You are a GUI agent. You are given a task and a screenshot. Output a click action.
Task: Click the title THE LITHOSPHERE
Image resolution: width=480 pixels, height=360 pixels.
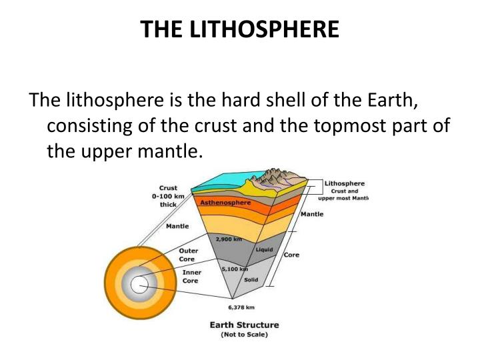pyautogui.click(x=240, y=29)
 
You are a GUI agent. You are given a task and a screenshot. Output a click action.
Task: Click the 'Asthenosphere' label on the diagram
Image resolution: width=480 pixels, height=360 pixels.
pyautogui.click(x=225, y=202)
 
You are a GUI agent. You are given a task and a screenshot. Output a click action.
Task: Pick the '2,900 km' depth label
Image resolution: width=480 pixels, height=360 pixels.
pyautogui.click(x=227, y=237)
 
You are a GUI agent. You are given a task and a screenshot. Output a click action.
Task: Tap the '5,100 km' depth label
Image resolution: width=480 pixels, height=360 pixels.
pyautogui.click(x=234, y=269)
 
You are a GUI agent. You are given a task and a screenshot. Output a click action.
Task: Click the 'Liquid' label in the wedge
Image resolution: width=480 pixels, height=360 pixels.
pyautogui.click(x=264, y=249)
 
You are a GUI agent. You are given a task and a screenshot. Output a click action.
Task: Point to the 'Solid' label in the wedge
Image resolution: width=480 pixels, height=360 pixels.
pyautogui.click(x=251, y=279)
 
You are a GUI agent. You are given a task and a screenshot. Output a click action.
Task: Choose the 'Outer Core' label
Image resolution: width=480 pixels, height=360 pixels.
pyautogui.click(x=189, y=255)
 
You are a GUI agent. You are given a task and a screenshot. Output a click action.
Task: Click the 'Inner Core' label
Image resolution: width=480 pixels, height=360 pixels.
pyautogui.click(x=191, y=277)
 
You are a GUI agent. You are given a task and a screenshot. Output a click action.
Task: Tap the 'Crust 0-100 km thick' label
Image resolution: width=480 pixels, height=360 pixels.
pyautogui.click(x=168, y=196)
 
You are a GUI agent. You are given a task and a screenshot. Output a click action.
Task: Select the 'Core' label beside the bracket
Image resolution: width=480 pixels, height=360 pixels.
pyautogui.click(x=291, y=255)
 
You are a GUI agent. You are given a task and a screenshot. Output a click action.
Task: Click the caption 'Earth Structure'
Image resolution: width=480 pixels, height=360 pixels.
pyautogui.click(x=244, y=325)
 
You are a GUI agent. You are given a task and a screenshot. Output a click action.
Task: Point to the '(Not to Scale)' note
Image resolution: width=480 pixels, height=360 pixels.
pyautogui.click(x=244, y=335)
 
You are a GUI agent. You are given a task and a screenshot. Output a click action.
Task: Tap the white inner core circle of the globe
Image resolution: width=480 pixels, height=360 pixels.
pyautogui.click(x=139, y=285)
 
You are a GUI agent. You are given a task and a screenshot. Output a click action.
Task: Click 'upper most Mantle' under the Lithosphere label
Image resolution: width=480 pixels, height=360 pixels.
pyautogui.click(x=343, y=198)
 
